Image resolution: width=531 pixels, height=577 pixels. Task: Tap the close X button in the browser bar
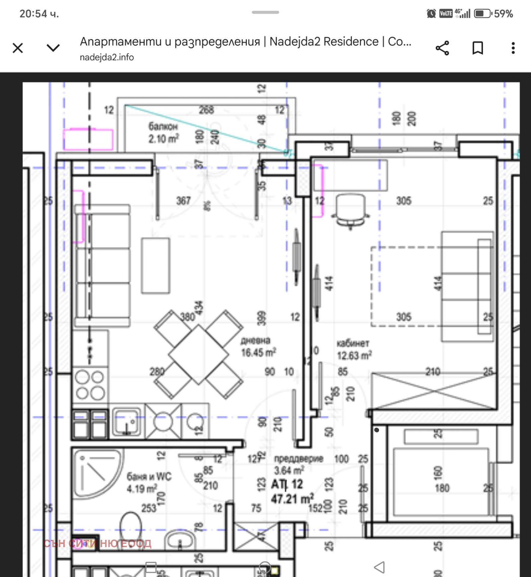(x=18, y=48)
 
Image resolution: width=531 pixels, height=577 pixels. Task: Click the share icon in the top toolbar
(x=442, y=48)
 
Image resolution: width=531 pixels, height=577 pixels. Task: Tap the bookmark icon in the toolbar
(x=478, y=48)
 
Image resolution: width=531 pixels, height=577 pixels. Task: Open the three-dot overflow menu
(x=513, y=48)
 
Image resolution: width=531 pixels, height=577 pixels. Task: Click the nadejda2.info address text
(x=107, y=57)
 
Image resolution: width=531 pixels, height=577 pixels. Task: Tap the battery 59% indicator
(x=493, y=14)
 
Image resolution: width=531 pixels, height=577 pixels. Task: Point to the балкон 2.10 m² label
(x=163, y=133)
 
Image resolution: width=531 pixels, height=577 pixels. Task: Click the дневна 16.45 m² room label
(x=258, y=347)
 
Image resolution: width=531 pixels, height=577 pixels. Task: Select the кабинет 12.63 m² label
(x=354, y=350)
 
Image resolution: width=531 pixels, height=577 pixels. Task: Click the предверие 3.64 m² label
(x=298, y=464)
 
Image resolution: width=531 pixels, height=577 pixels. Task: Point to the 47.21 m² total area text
(x=292, y=499)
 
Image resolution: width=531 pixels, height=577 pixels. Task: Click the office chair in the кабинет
(x=350, y=211)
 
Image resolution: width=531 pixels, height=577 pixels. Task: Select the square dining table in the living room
(x=198, y=354)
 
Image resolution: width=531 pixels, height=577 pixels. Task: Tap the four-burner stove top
(x=90, y=385)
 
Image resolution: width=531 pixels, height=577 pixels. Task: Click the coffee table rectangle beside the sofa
(x=156, y=265)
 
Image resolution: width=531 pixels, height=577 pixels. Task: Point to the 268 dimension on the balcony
(x=206, y=110)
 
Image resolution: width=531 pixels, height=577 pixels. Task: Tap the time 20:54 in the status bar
(x=39, y=14)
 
